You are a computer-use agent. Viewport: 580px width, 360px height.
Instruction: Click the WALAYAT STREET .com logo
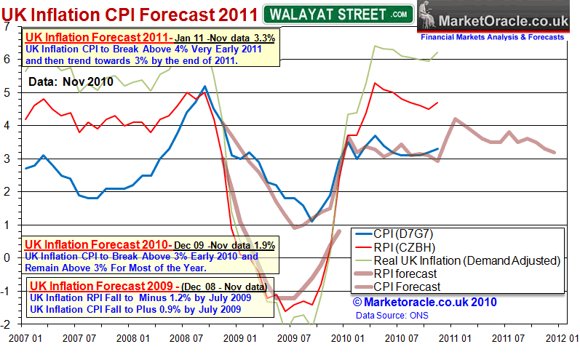[337, 14]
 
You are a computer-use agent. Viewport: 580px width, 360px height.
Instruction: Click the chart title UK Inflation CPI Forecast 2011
[129, 14]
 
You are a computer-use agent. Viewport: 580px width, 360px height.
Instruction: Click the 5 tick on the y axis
[7, 92]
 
